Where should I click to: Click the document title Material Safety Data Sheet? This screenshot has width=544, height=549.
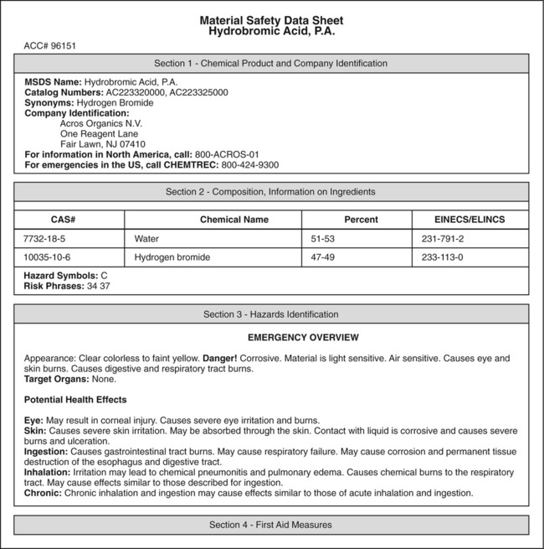click(x=271, y=20)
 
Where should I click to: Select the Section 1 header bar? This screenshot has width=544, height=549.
click(x=271, y=63)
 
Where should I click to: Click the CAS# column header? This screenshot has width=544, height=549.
click(x=69, y=220)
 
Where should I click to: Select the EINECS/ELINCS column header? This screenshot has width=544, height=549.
click(x=470, y=220)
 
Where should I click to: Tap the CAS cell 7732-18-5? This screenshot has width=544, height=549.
click(x=47, y=239)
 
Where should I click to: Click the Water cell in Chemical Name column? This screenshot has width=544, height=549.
click(x=146, y=239)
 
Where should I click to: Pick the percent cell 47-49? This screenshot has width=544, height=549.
click(x=323, y=257)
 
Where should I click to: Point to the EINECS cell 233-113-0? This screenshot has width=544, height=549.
click(x=444, y=257)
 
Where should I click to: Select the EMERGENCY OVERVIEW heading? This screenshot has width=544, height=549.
click(x=303, y=338)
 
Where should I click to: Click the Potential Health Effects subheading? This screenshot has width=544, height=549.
click(x=75, y=399)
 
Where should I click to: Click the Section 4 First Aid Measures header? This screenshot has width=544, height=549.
click(x=271, y=525)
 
